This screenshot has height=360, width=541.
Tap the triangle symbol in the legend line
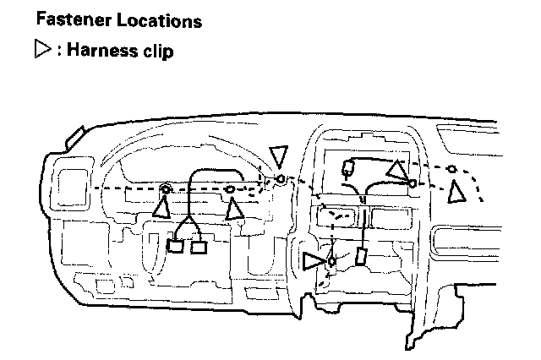41,52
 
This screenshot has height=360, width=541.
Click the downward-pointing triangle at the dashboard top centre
278,155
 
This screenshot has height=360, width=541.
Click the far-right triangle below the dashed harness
458,192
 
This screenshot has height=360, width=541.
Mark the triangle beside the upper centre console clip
396,171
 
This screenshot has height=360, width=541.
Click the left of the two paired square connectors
177,248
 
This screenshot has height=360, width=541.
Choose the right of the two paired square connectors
199,248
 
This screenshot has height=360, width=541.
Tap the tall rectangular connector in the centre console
361,258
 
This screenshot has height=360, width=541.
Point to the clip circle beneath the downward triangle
280,179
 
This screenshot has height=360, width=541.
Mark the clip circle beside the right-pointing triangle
331,261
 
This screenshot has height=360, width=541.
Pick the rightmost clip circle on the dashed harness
452,170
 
